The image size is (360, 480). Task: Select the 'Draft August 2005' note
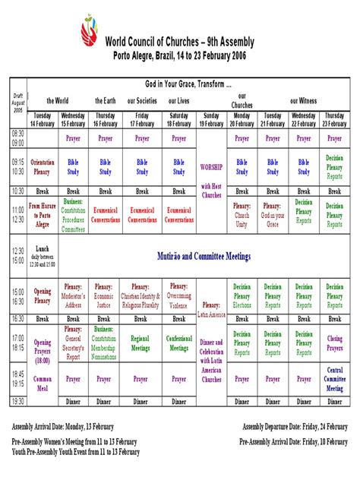[x=18, y=102]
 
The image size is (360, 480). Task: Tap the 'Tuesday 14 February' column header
[x=43, y=119]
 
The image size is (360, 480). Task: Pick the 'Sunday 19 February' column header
[x=210, y=119]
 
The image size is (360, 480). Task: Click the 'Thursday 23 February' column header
[x=335, y=119]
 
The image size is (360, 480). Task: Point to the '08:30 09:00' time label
[x=18, y=137]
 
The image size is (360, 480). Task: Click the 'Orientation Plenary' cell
[x=43, y=166]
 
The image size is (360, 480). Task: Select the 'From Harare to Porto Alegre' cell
[x=43, y=215]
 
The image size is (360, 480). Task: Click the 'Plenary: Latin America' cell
[x=210, y=309]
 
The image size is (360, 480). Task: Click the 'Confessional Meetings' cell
[x=179, y=343]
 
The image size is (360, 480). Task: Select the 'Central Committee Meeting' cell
[x=335, y=378]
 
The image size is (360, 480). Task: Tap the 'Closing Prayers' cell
[x=335, y=343]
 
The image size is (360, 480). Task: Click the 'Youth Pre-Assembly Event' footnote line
[x=76, y=452]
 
